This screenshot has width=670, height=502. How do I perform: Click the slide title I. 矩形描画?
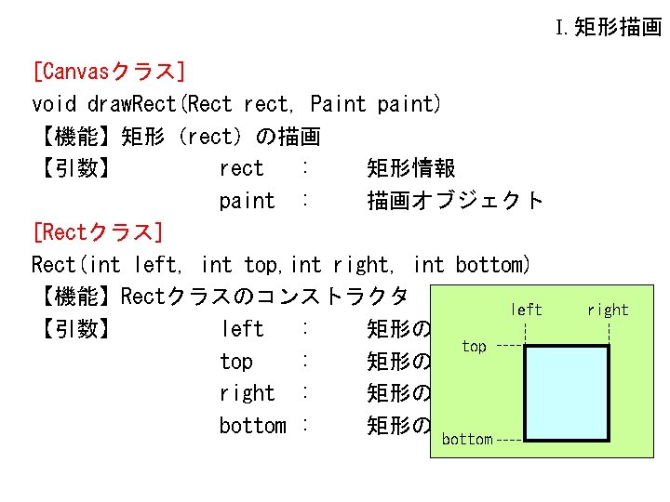pos(609,27)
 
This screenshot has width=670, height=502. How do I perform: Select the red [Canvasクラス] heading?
pos(108,72)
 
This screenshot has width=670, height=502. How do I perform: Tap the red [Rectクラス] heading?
pos(98,231)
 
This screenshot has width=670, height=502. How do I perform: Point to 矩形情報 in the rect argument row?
pos(411,168)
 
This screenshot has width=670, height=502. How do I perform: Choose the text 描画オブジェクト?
pos(455,201)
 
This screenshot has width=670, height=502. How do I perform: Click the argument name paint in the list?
pos(248,201)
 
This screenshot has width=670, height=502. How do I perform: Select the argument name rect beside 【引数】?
pos(242,168)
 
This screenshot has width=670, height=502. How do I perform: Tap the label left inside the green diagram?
pos(527,310)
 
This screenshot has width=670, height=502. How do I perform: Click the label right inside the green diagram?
pos(608,310)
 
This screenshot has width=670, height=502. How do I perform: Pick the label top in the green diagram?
pos(474,346)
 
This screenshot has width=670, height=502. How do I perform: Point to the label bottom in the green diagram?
pos(467,439)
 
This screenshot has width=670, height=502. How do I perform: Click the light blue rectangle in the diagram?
pos(568,392)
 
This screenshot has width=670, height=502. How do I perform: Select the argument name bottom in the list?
pos(252,426)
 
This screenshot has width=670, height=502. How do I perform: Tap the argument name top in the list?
pos(236,362)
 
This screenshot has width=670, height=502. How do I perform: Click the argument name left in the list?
pos(242,329)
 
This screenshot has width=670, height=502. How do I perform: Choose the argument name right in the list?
pos(248,394)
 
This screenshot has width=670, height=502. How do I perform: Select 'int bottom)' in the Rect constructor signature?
pos(472,265)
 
